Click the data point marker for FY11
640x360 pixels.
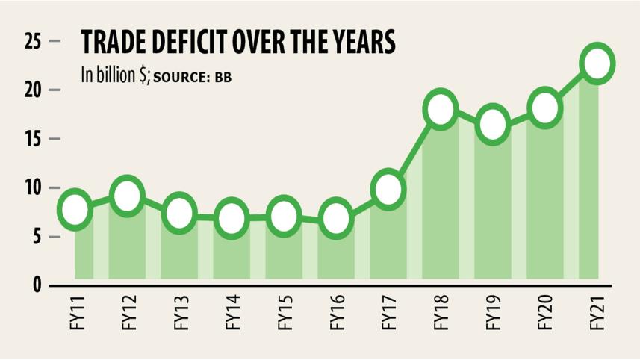pos(75,208)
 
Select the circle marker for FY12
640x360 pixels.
pos(128,196)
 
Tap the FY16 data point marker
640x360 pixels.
pos(336,218)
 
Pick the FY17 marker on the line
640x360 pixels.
pos(388,190)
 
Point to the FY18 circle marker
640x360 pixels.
pos(441,111)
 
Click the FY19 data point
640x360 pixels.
pos(493,125)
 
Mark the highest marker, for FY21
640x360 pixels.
pos(597,63)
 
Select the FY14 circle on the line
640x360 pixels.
pos(232,218)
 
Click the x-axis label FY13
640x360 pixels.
pos(180,314)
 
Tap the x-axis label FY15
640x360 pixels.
pos(285,314)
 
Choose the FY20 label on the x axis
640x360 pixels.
pos(546,314)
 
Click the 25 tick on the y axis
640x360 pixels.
pos(31,42)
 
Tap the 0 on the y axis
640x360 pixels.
pos(35,286)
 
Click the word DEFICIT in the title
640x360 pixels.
pos(178,43)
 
